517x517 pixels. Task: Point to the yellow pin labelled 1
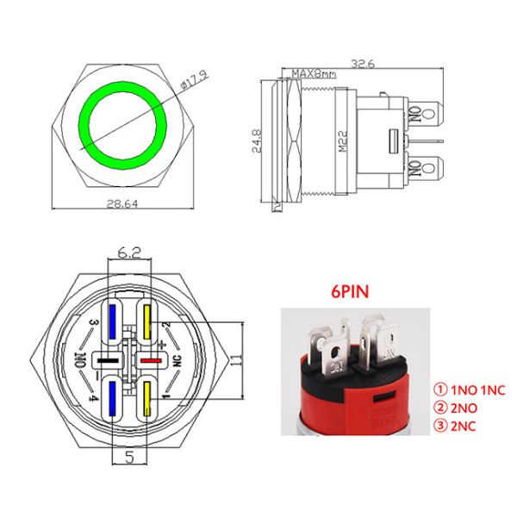click(147, 397)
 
